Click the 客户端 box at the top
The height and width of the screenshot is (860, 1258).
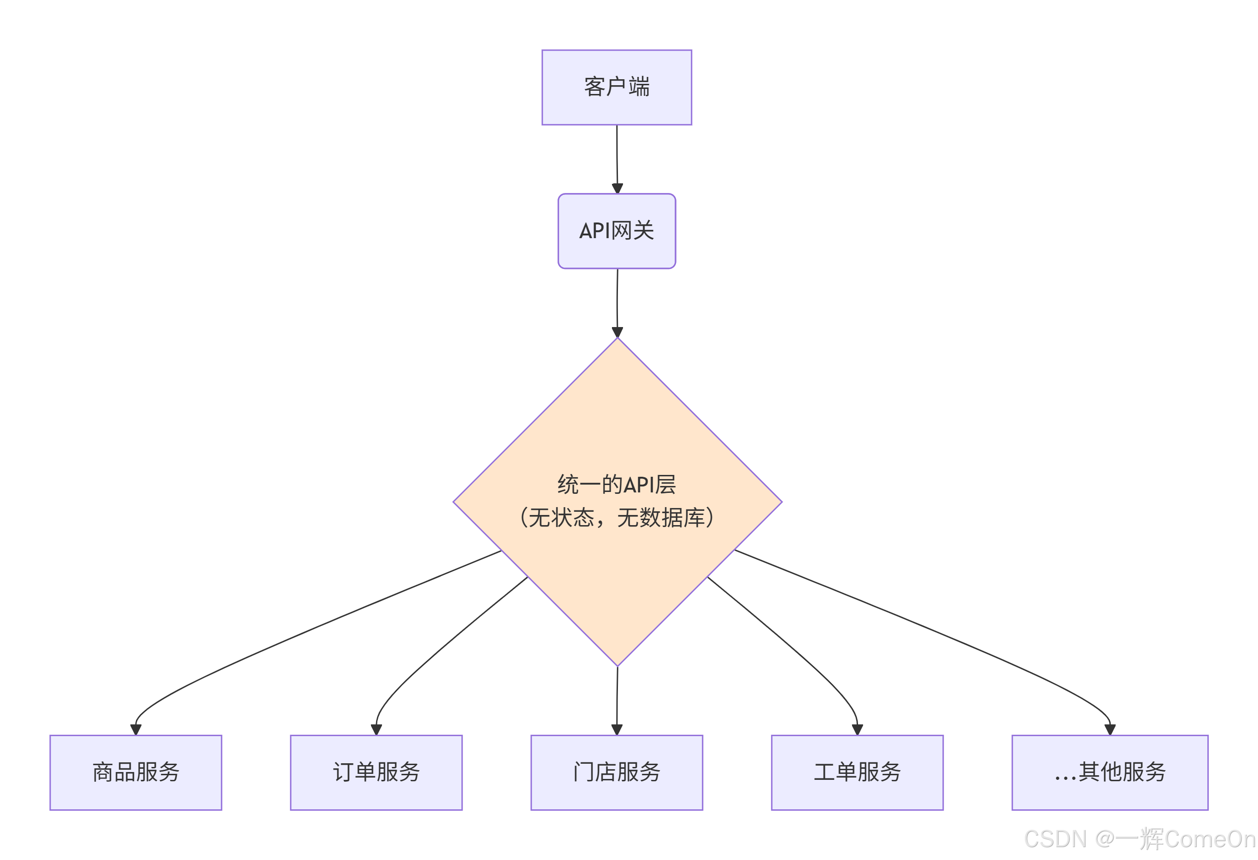pos(617,87)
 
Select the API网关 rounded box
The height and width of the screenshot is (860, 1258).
pos(617,231)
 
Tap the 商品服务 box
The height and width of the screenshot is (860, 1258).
pos(136,772)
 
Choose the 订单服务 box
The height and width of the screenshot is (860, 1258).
pos(376,772)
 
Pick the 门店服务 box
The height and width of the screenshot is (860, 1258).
pos(617,772)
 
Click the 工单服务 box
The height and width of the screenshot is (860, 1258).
pos(857,772)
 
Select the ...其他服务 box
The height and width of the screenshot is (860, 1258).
pos(1110,772)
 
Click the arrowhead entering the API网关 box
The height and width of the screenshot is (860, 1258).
pos(617,188)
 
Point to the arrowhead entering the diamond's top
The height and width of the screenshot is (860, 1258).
pos(617,332)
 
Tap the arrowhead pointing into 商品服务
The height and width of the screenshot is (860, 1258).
pos(136,730)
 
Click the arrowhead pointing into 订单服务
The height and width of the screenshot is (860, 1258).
pos(376,730)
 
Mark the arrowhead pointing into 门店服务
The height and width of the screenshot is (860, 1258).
pos(617,730)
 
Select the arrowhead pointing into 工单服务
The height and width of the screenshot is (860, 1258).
pos(857,730)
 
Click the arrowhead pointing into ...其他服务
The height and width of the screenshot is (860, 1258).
pos(1110,730)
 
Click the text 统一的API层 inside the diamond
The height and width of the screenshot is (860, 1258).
pos(617,485)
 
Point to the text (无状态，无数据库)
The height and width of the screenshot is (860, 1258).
pos(617,517)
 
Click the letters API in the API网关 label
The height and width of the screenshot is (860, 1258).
pos(594,231)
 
